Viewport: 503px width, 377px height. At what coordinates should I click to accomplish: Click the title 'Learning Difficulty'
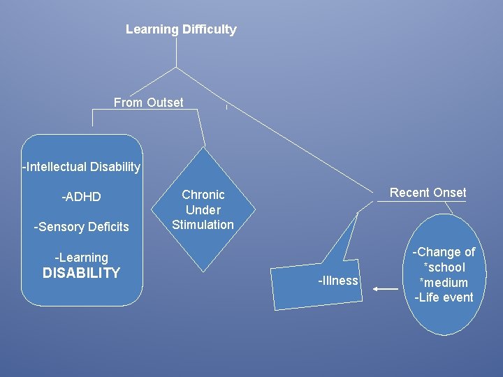181,29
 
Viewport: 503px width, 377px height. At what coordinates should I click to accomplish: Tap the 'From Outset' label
148,103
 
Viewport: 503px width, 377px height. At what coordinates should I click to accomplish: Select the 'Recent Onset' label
428,193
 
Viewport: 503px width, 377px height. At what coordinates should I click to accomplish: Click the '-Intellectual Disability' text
82,167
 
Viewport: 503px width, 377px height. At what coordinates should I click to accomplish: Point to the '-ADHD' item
82,197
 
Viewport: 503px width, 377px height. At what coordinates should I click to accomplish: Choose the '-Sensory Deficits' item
82,227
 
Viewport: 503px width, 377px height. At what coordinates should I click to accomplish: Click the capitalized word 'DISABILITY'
82,273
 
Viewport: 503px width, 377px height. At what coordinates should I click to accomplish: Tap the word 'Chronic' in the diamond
203,195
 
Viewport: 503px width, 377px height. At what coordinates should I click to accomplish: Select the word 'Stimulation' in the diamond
203,225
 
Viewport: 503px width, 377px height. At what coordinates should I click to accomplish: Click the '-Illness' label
338,281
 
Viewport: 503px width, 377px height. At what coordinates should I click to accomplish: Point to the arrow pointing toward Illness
385,288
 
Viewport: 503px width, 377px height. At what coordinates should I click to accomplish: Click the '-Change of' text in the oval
444,252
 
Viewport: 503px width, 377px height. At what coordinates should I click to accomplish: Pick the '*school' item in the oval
444,267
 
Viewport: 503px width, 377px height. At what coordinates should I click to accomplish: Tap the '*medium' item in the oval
444,283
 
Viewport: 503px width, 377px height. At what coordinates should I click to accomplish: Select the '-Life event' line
444,298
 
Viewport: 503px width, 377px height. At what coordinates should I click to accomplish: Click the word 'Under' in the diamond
203,209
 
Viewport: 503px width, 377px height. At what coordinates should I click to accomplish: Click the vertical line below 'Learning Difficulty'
176,52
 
